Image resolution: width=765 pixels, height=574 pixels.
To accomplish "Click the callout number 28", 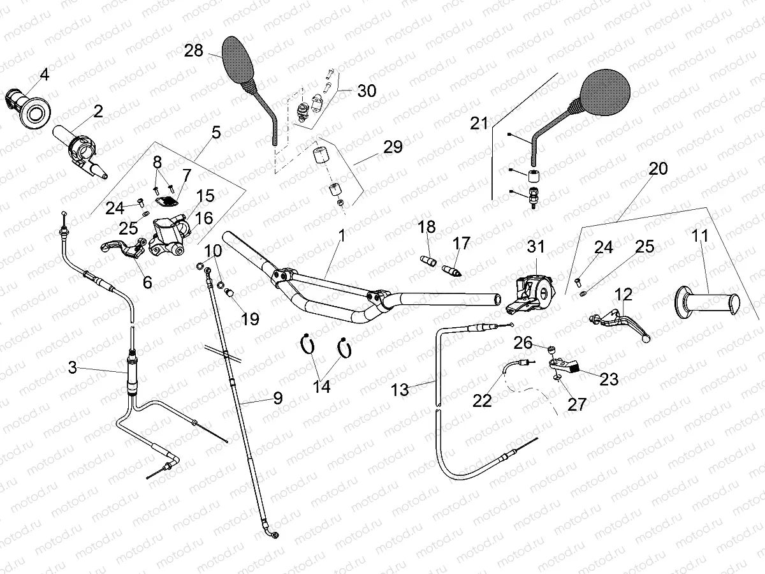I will pyautogui.click(x=194, y=50).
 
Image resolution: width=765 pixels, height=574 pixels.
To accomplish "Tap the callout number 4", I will pyautogui.click(x=44, y=75).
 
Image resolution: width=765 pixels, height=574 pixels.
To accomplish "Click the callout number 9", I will pyautogui.click(x=277, y=399).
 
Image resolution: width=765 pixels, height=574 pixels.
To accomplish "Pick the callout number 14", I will pyautogui.click(x=323, y=386).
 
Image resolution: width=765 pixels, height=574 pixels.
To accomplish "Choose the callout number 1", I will pyautogui.click(x=342, y=235).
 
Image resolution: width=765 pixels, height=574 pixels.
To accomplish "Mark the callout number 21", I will pyautogui.click(x=479, y=123).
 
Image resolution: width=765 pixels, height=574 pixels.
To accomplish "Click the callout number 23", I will pyautogui.click(x=609, y=379).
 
